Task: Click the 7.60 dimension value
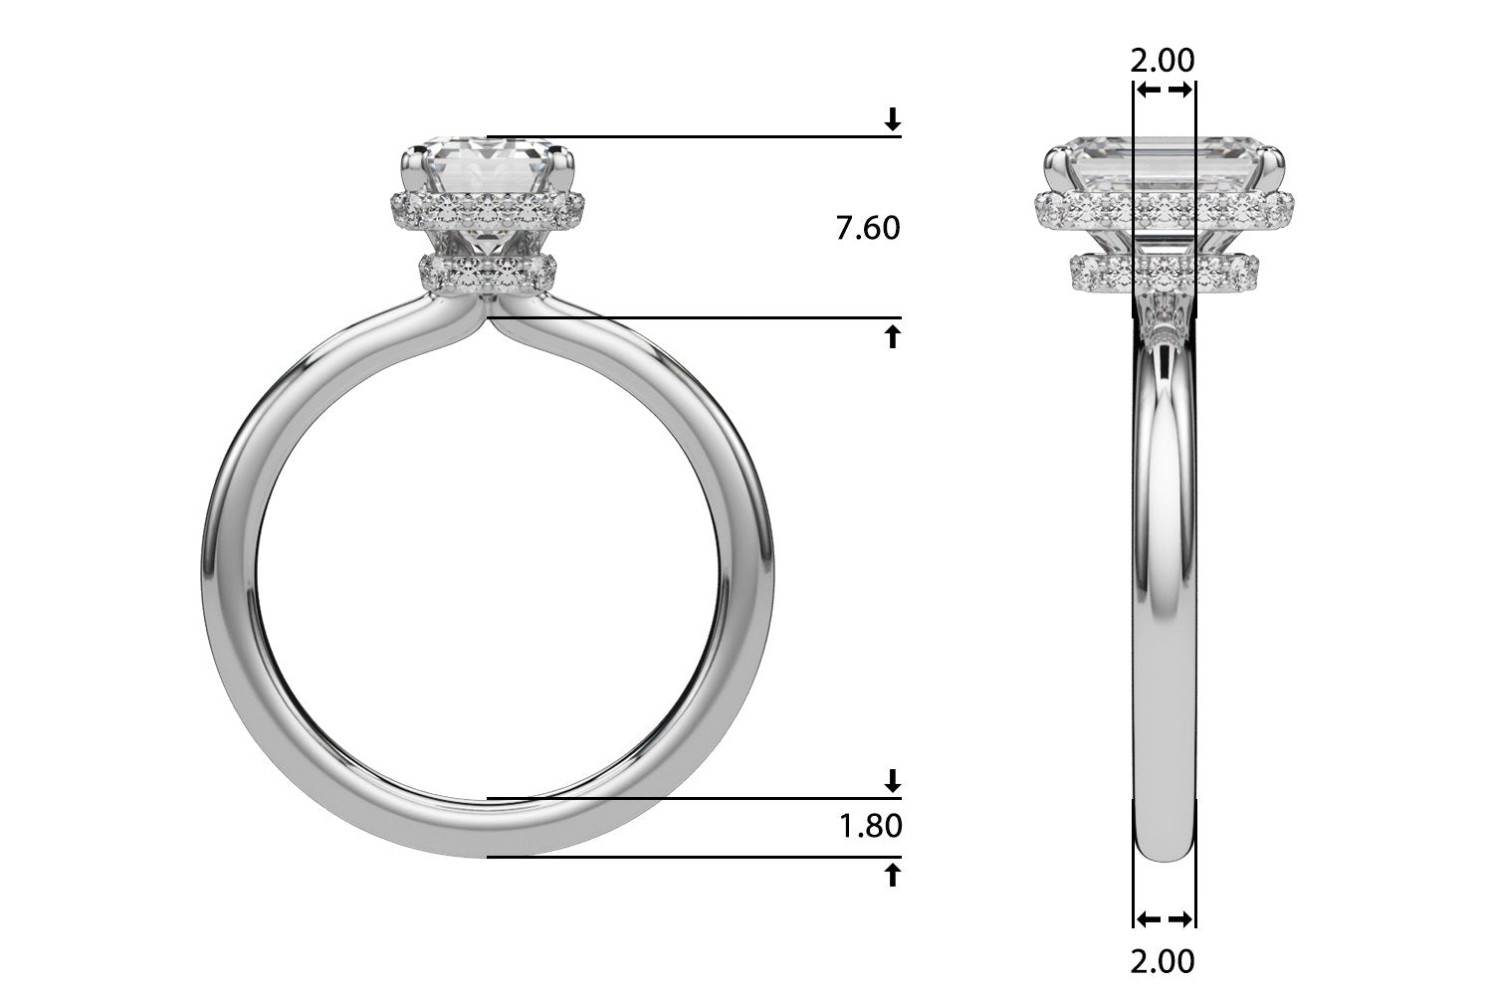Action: coord(867,229)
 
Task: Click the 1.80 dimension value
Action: coord(870,826)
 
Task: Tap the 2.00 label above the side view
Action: coord(1163,60)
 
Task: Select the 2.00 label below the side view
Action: coord(1163,961)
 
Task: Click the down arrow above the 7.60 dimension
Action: coord(893,120)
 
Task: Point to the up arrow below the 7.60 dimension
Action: coord(893,336)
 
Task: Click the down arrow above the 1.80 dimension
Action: coord(893,779)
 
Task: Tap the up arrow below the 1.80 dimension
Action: coord(893,875)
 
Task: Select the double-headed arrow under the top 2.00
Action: coord(1165,91)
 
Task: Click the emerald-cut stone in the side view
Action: coord(1163,162)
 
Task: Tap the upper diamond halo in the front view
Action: coord(486,209)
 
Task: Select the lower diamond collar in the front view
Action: coord(488,271)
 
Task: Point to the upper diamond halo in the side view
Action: coord(1163,209)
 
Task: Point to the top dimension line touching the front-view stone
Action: coord(697,136)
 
